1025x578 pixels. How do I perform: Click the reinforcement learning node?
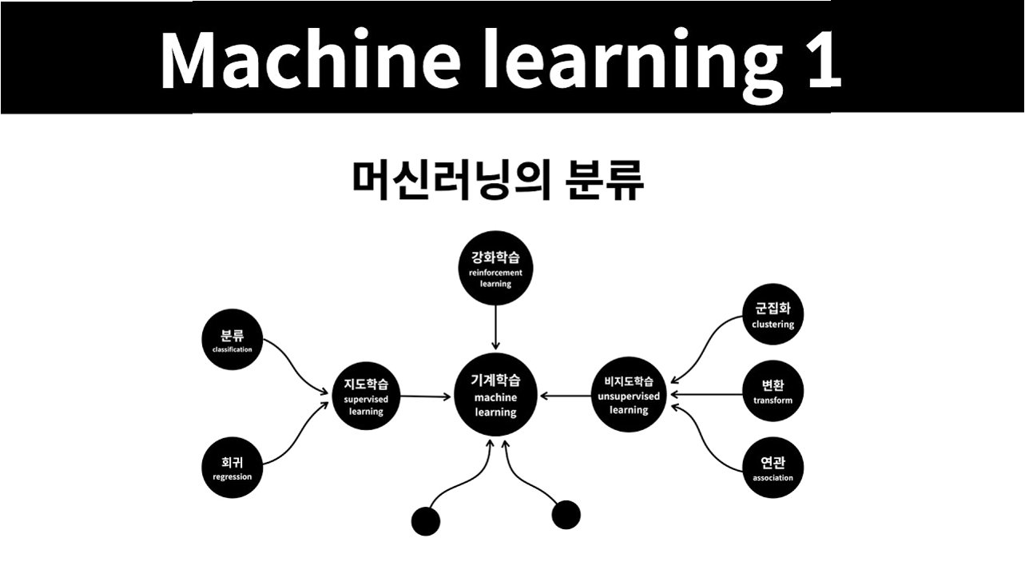pyautogui.click(x=495, y=271)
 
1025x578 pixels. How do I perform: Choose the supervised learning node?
pyautogui.click(x=366, y=397)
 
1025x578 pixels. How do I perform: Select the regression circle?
pyautogui.click(x=232, y=468)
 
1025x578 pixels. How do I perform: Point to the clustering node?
pyautogui.click(x=773, y=316)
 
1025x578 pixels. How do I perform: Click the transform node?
pyautogui.click(x=773, y=393)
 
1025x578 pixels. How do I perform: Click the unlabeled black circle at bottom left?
pyautogui.click(x=425, y=521)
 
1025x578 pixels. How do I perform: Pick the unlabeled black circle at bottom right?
pyautogui.click(x=566, y=514)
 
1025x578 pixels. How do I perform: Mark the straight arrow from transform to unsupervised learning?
pyautogui.click(x=706, y=394)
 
